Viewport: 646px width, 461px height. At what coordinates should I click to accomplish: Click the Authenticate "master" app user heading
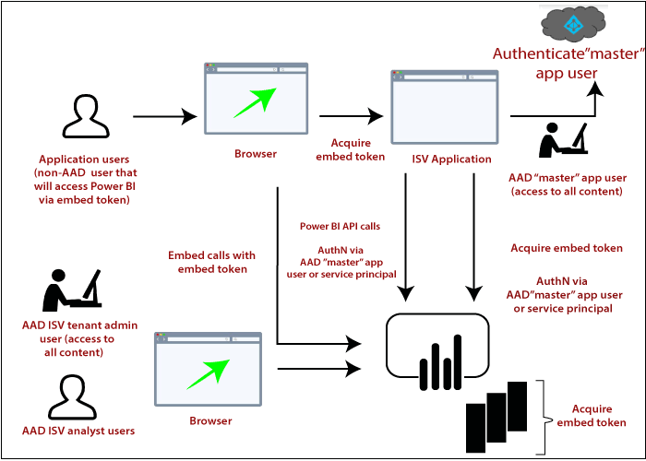tap(567, 63)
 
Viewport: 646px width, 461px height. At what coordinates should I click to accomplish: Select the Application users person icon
tap(85, 116)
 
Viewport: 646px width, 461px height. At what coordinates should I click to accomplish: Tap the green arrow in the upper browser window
tap(256, 102)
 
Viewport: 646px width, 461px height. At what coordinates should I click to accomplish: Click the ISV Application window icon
tap(444, 107)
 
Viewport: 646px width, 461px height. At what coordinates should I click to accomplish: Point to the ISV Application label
tap(451, 159)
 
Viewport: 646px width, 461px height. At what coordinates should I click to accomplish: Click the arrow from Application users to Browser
tap(164, 117)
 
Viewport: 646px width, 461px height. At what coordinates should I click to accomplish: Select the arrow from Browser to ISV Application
tap(351, 117)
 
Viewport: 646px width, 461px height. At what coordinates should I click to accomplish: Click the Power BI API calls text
tap(340, 225)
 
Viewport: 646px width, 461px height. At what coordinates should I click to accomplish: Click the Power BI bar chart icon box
tap(437, 347)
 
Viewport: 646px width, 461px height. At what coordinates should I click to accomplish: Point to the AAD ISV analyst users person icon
tap(72, 397)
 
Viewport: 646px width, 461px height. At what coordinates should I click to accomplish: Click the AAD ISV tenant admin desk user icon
tap(72, 290)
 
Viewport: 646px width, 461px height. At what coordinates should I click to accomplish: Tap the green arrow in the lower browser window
tap(207, 373)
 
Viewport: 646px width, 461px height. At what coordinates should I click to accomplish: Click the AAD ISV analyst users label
tap(78, 431)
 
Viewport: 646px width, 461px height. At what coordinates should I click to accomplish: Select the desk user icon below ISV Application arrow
tap(563, 139)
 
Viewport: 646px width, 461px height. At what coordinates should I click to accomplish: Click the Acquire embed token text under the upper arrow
tap(351, 149)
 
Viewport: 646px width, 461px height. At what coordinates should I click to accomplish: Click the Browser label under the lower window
tap(210, 420)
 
